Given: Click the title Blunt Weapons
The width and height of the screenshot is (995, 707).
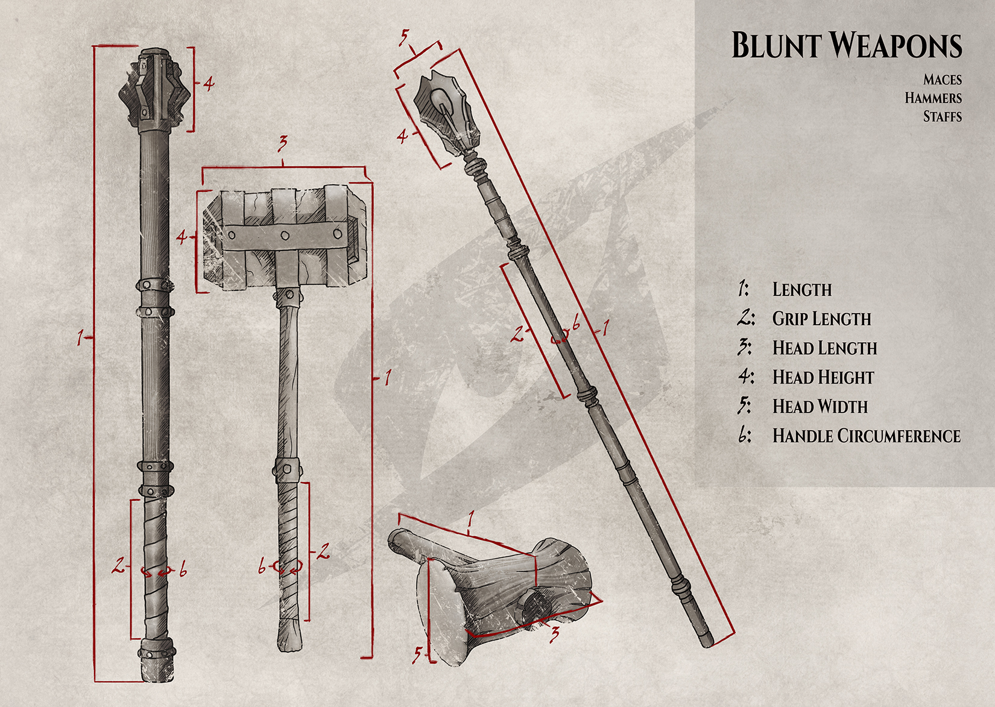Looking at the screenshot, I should click(846, 46).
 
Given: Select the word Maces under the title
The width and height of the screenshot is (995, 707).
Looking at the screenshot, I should click(942, 80).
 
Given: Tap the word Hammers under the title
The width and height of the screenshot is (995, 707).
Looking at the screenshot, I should click(933, 98).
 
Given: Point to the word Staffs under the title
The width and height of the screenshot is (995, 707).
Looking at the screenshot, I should click(942, 116).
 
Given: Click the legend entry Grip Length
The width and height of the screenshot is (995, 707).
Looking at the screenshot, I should click(821, 319).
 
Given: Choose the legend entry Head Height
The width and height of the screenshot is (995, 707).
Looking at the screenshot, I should click(823, 378).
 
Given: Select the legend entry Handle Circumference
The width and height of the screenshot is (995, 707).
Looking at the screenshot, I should click(866, 436).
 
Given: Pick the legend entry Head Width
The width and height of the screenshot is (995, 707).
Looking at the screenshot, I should click(820, 407).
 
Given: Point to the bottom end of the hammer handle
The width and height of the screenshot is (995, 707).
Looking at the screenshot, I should click(289, 638).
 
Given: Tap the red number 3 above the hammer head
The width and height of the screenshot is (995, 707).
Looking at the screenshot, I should click(282, 144).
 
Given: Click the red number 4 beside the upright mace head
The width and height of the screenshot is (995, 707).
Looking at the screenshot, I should click(209, 83).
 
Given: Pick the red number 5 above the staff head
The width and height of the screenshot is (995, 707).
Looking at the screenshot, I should click(404, 37).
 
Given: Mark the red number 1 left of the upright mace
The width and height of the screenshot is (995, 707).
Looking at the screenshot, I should click(80, 338).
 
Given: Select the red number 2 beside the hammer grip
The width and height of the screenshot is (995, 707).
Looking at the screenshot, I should click(324, 550).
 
